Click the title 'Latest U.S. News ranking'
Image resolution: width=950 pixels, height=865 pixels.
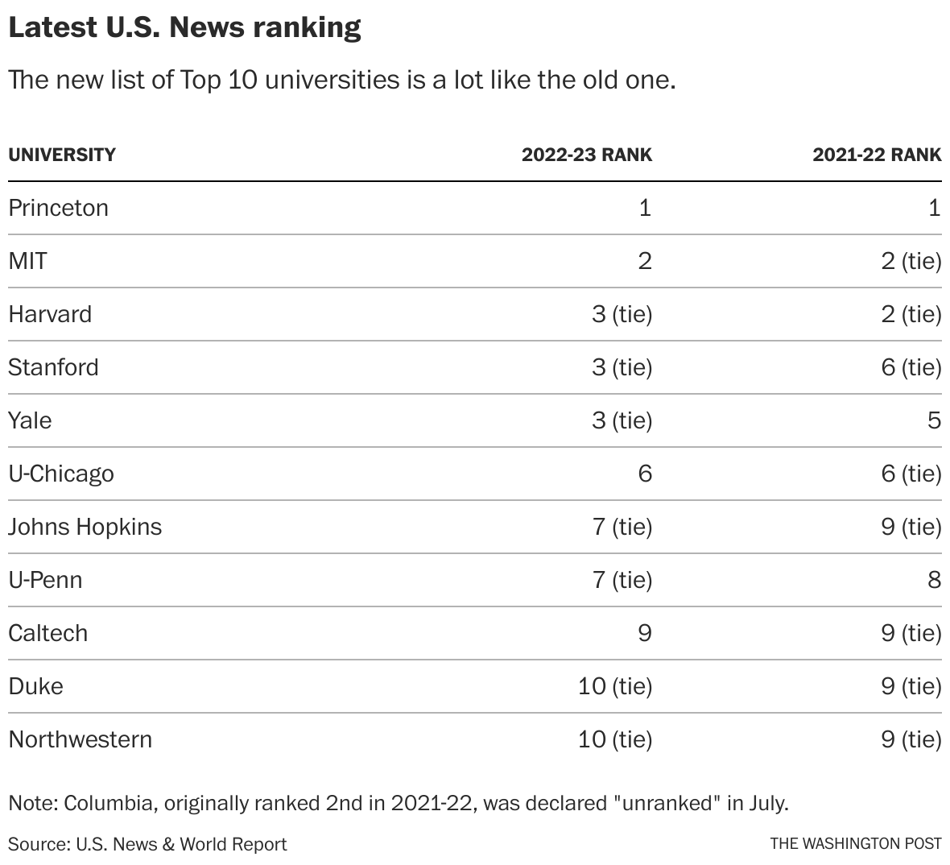click(184, 27)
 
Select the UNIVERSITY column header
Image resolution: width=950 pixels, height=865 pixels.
click(62, 155)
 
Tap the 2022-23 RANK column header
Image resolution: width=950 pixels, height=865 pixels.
click(586, 155)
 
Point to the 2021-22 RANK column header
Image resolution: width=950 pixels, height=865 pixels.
click(876, 155)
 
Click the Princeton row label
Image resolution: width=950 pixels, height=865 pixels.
click(58, 208)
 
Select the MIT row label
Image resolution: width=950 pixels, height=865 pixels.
click(27, 261)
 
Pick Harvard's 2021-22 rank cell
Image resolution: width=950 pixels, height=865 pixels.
click(911, 314)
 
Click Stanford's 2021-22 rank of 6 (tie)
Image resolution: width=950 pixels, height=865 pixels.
click(911, 367)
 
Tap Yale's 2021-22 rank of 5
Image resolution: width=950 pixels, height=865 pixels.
click(933, 420)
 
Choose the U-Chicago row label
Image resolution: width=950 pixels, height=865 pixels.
click(61, 474)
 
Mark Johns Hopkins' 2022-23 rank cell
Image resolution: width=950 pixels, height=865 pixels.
click(622, 527)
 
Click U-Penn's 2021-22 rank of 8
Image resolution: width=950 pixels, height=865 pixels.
click(933, 580)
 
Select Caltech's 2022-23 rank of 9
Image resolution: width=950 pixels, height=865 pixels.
click(644, 633)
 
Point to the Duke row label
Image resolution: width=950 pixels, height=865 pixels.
click(35, 686)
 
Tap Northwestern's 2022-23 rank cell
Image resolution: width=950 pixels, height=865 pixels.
click(614, 739)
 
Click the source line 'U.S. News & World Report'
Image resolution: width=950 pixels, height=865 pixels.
click(181, 844)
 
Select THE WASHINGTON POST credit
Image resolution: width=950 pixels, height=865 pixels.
click(855, 844)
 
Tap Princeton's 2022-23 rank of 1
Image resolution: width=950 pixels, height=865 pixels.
click(644, 208)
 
